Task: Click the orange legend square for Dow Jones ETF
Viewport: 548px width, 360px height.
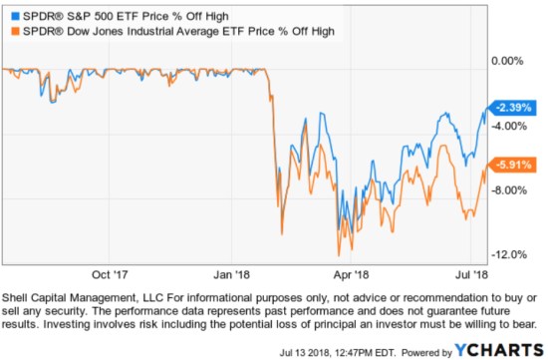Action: [x=9, y=33]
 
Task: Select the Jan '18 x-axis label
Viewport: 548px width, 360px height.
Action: [x=231, y=270]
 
